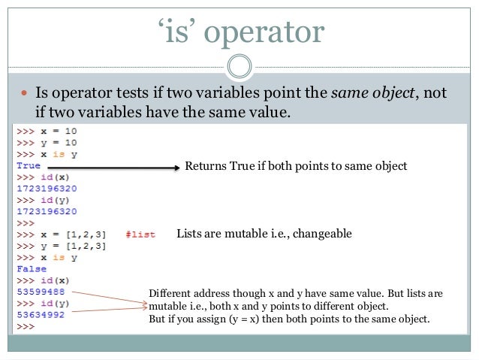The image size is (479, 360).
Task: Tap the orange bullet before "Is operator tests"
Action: coord(23,92)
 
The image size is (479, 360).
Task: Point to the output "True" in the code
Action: coord(28,165)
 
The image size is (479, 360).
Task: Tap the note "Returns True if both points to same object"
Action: coord(296,166)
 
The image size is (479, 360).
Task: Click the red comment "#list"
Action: coord(140,234)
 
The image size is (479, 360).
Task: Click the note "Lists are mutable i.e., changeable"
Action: coord(264,234)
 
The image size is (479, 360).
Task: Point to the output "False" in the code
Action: coord(31,269)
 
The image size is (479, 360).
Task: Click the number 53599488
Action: coord(40,292)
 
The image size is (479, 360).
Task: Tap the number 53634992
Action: coord(40,315)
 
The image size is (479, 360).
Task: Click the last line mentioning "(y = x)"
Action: coord(289,319)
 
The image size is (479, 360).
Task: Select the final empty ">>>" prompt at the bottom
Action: coord(25,327)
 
